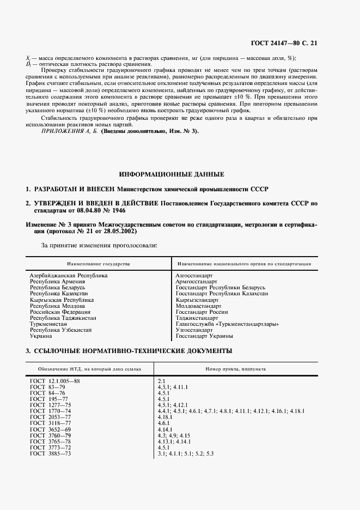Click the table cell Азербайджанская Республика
pyautogui.click(x=69, y=276)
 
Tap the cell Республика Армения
pyautogui.click(x=57, y=282)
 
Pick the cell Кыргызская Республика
pyautogui.click(x=62, y=300)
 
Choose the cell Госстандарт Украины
pyautogui.click(x=204, y=336)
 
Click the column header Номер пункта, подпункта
pyautogui.click(x=236, y=369)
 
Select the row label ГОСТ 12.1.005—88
pyautogui.click(x=55, y=381)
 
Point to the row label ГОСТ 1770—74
pyautogui.click(x=51, y=411)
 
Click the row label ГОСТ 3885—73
pyautogui.click(x=51, y=453)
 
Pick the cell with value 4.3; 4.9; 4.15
pyautogui.click(x=174, y=435)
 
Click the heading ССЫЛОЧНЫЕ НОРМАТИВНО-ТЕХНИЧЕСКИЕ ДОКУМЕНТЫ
pyautogui.click(x=129, y=350)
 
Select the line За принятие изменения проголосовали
pyautogui.click(x=100, y=245)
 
